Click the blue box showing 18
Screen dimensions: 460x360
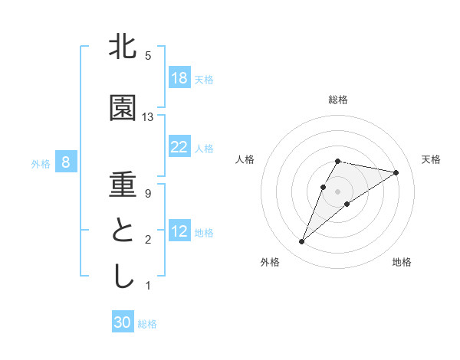point(179,78)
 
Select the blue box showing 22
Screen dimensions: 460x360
point(179,147)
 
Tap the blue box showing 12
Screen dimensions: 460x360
point(179,231)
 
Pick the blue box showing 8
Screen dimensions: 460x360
point(67,162)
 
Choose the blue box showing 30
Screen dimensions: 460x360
point(123,323)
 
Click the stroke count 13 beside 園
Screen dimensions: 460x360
point(148,117)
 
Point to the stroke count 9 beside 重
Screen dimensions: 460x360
point(148,194)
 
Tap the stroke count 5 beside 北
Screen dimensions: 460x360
point(148,56)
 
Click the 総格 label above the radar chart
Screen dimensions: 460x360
point(337,100)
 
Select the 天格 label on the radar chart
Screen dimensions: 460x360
point(431,159)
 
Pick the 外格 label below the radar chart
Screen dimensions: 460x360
point(270,262)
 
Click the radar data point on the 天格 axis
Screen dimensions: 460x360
point(396,172)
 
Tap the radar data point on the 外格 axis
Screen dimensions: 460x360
point(302,241)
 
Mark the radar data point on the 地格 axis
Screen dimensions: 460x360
point(347,204)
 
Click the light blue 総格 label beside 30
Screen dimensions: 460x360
point(147,324)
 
